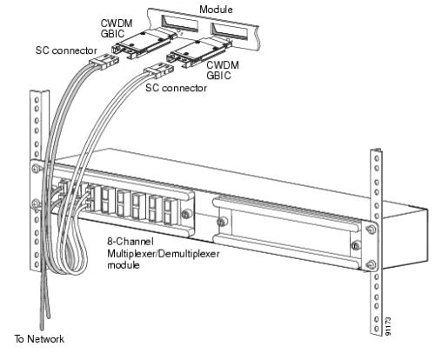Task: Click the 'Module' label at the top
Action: [x=216, y=10]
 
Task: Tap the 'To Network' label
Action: [x=39, y=338]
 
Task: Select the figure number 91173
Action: [x=389, y=326]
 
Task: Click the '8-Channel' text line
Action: [x=131, y=241]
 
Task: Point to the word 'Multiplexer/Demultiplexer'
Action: [x=164, y=253]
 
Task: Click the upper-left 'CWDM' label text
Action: [x=117, y=23]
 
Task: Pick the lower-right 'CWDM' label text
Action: [x=223, y=65]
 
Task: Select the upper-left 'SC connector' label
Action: [x=66, y=50]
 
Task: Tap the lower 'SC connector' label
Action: [x=176, y=88]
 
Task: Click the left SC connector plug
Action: [x=104, y=62]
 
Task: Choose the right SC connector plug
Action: [x=158, y=70]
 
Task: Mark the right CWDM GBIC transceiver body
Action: [x=198, y=52]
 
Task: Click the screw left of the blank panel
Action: [x=221, y=222]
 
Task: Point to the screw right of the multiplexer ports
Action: [x=185, y=214]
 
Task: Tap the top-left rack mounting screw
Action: [x=36, y=169]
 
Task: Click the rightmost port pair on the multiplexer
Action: [x=167, y=211]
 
